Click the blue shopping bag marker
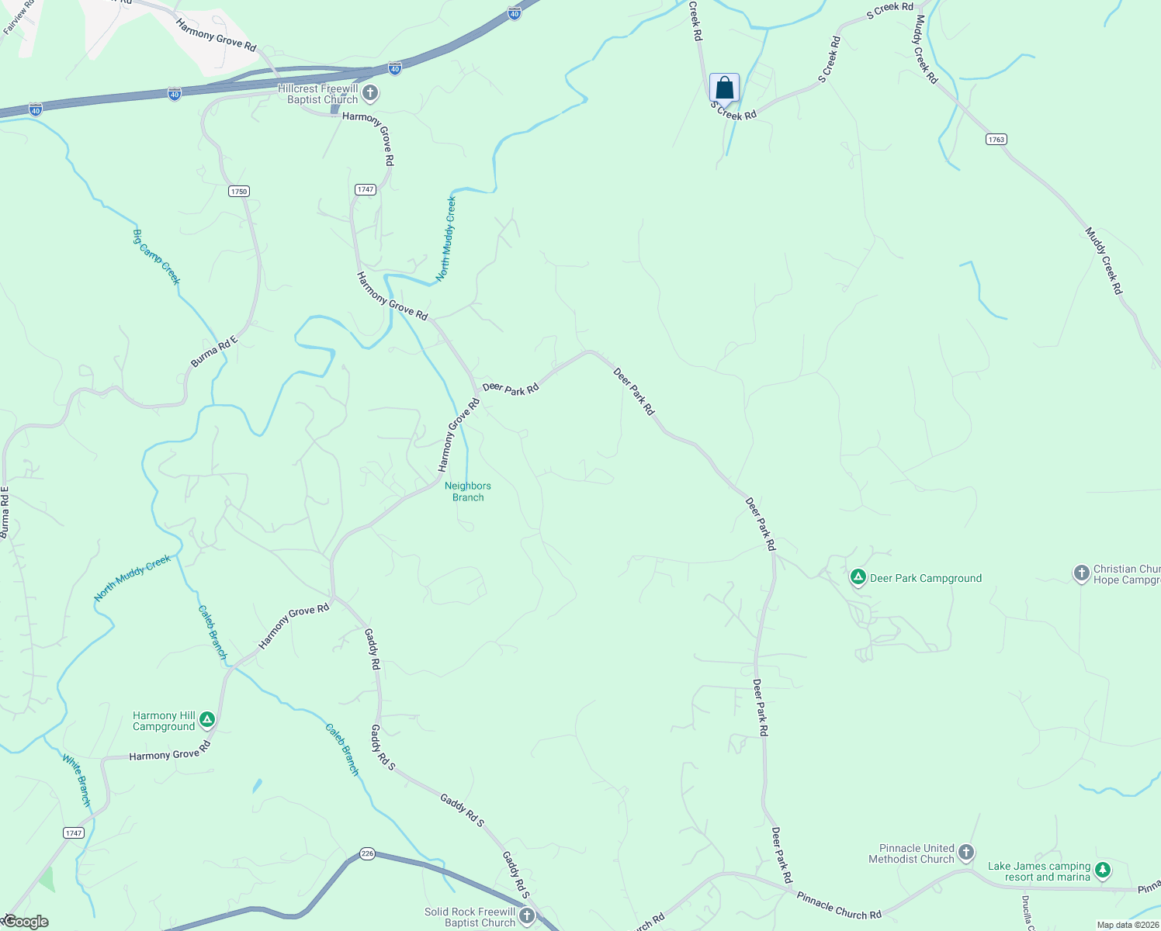tap(724, 88)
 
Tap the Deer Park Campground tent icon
tap(858, 577)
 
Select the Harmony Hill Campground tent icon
tap(206, 720)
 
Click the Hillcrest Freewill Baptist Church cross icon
tap(370, 94)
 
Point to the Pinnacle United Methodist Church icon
tap(965, 853)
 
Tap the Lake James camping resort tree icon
tap(1102, 870)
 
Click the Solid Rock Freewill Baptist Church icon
tap(527, 916)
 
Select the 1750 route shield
tap(238, 192)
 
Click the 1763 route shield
tap(996, 140)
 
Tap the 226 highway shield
tap(367, 853)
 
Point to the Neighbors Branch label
tap(467, 492)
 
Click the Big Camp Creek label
tap(156, 257)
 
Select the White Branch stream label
tap(77, 780)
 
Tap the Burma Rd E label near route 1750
tap(213, 351)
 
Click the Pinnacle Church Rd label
tap(839, 905)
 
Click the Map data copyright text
tap(1127, 925)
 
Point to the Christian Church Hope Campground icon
tap(1081, 573)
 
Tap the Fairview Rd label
tap(19, 18)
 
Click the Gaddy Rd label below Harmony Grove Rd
tap(373, 649)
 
